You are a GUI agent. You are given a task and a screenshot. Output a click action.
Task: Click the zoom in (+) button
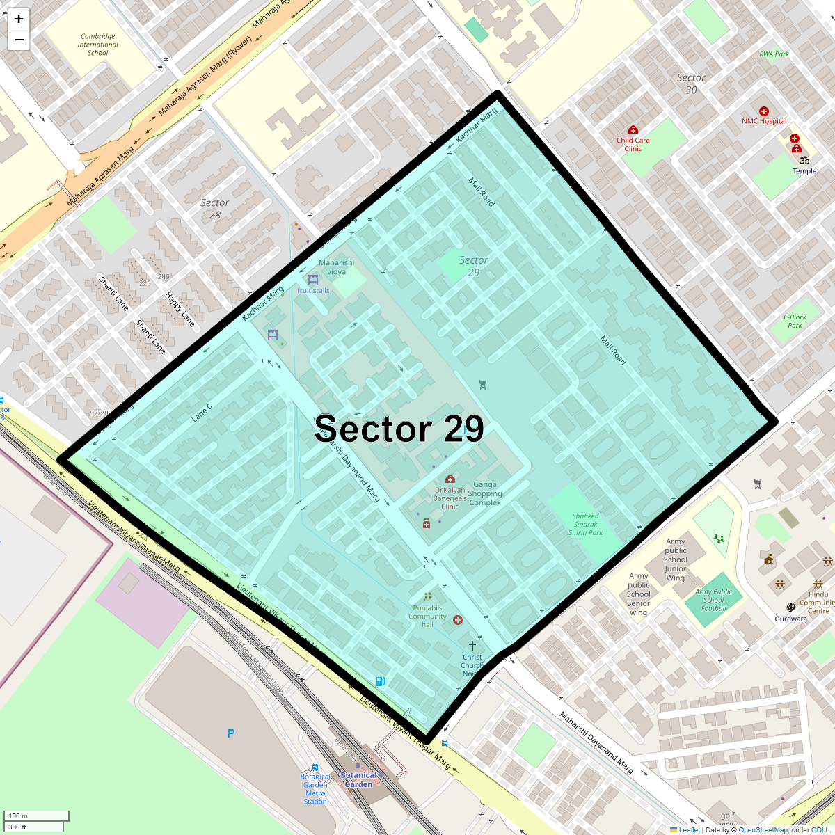pos(19,19)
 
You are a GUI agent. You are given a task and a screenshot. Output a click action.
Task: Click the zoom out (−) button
pos(19,40)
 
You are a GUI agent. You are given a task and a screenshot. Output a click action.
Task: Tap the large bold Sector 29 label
pos(399,429)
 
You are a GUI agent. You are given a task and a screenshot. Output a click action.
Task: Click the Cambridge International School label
pos(98,45)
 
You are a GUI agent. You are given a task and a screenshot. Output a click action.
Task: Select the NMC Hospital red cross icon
pos(764,111)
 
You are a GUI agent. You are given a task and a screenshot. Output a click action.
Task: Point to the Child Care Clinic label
pos(633,144)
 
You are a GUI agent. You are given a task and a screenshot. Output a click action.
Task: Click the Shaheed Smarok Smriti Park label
pos(585,524)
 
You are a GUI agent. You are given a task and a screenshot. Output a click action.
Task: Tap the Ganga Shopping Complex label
pos(485,493)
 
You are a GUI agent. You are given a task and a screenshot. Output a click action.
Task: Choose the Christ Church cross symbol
pos(472,646)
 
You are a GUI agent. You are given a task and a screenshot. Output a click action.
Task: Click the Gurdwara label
pos(791,619)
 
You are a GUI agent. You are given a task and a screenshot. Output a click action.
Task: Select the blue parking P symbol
pos(231,733)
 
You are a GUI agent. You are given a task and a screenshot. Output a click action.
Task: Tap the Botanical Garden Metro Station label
pos(315,789)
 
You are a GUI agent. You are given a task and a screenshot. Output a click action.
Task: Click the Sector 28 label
pos(215,209)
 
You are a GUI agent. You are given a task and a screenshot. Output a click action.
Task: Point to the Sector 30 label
pos(691,83)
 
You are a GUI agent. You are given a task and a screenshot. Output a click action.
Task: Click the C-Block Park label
pos(795,321)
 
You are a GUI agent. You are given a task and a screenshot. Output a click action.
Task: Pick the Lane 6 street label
pos(202,413)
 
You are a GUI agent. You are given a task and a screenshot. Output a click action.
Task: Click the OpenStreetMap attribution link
pos(763,829)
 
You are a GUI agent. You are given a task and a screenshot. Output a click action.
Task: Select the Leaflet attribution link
pos(689,829)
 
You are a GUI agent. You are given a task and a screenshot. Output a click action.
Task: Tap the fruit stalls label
pos(313,291)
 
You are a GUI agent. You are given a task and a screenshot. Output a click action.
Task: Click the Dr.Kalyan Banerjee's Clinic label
pos(450,498)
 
